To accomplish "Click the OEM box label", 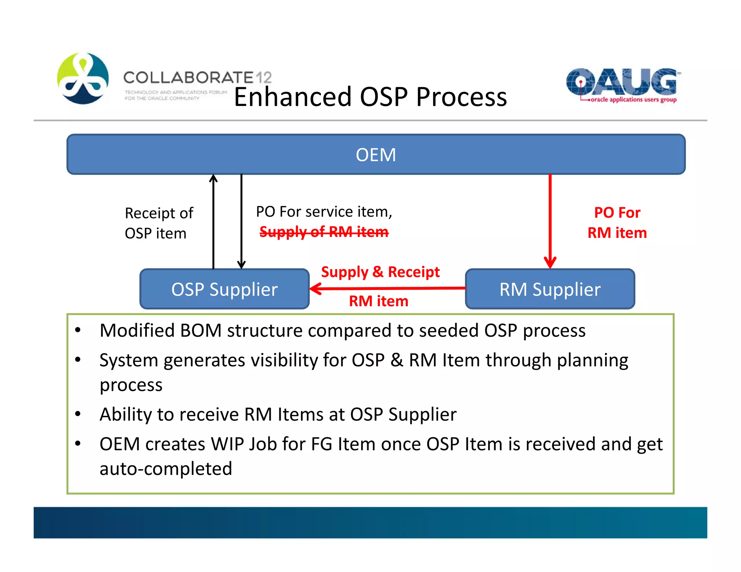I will point(376,155).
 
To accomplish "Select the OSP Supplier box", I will point(224,289).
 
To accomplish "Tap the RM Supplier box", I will point(550,289).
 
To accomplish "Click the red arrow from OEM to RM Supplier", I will point(550,221).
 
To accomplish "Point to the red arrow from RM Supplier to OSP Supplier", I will point(387,288).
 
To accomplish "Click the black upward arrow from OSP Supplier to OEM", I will point(213,221).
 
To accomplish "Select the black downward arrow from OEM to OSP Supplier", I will point(241,221).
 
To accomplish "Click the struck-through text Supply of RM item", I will point(324,232).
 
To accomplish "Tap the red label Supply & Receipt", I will point(380,272).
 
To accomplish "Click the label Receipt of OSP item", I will point(158,223).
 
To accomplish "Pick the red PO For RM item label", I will point(617,223).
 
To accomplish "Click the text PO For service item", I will point(324,212).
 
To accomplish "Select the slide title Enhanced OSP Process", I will point(370,97).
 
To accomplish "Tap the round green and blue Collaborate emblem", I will point(83,78).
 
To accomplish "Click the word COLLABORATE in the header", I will point(189,77).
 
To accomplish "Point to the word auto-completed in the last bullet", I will point(166,469).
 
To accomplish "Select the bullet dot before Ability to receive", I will point(78,414).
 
